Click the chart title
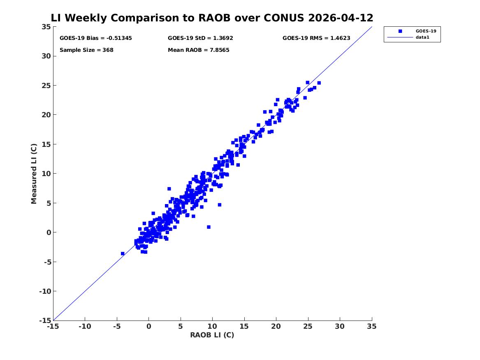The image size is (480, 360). click(x=212, y=18)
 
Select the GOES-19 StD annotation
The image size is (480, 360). click(x=200, y=38)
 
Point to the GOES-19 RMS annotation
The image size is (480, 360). click(x=316, y=38)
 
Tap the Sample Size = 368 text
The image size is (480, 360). click(x=87, y=50)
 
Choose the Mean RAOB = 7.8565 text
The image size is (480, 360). click(x=199, y=50)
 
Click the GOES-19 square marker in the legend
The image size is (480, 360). click(x=400, y=31)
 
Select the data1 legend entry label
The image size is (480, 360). click(x=422, y=37)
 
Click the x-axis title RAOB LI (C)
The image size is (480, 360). click(x=212, y=335)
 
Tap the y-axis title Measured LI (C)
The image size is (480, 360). click(x=34, y=174)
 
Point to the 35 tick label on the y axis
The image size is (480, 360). click(x=46, y=27)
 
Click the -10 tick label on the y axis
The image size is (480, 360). click(x=45, y=291)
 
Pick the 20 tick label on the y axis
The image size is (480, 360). click(x=46, y=115)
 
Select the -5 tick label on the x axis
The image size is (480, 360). click(x=117, y=326)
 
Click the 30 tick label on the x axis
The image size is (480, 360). click(x=340, y=326)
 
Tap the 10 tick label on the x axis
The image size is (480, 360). click(x=212, y=326)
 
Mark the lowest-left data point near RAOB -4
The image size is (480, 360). click(x=123, y=253)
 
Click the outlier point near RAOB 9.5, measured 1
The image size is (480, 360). click(x=209, y=227)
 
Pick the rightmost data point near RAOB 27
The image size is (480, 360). click(x=319, y=83)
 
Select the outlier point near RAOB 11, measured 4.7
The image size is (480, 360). click(x=220, y=205)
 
